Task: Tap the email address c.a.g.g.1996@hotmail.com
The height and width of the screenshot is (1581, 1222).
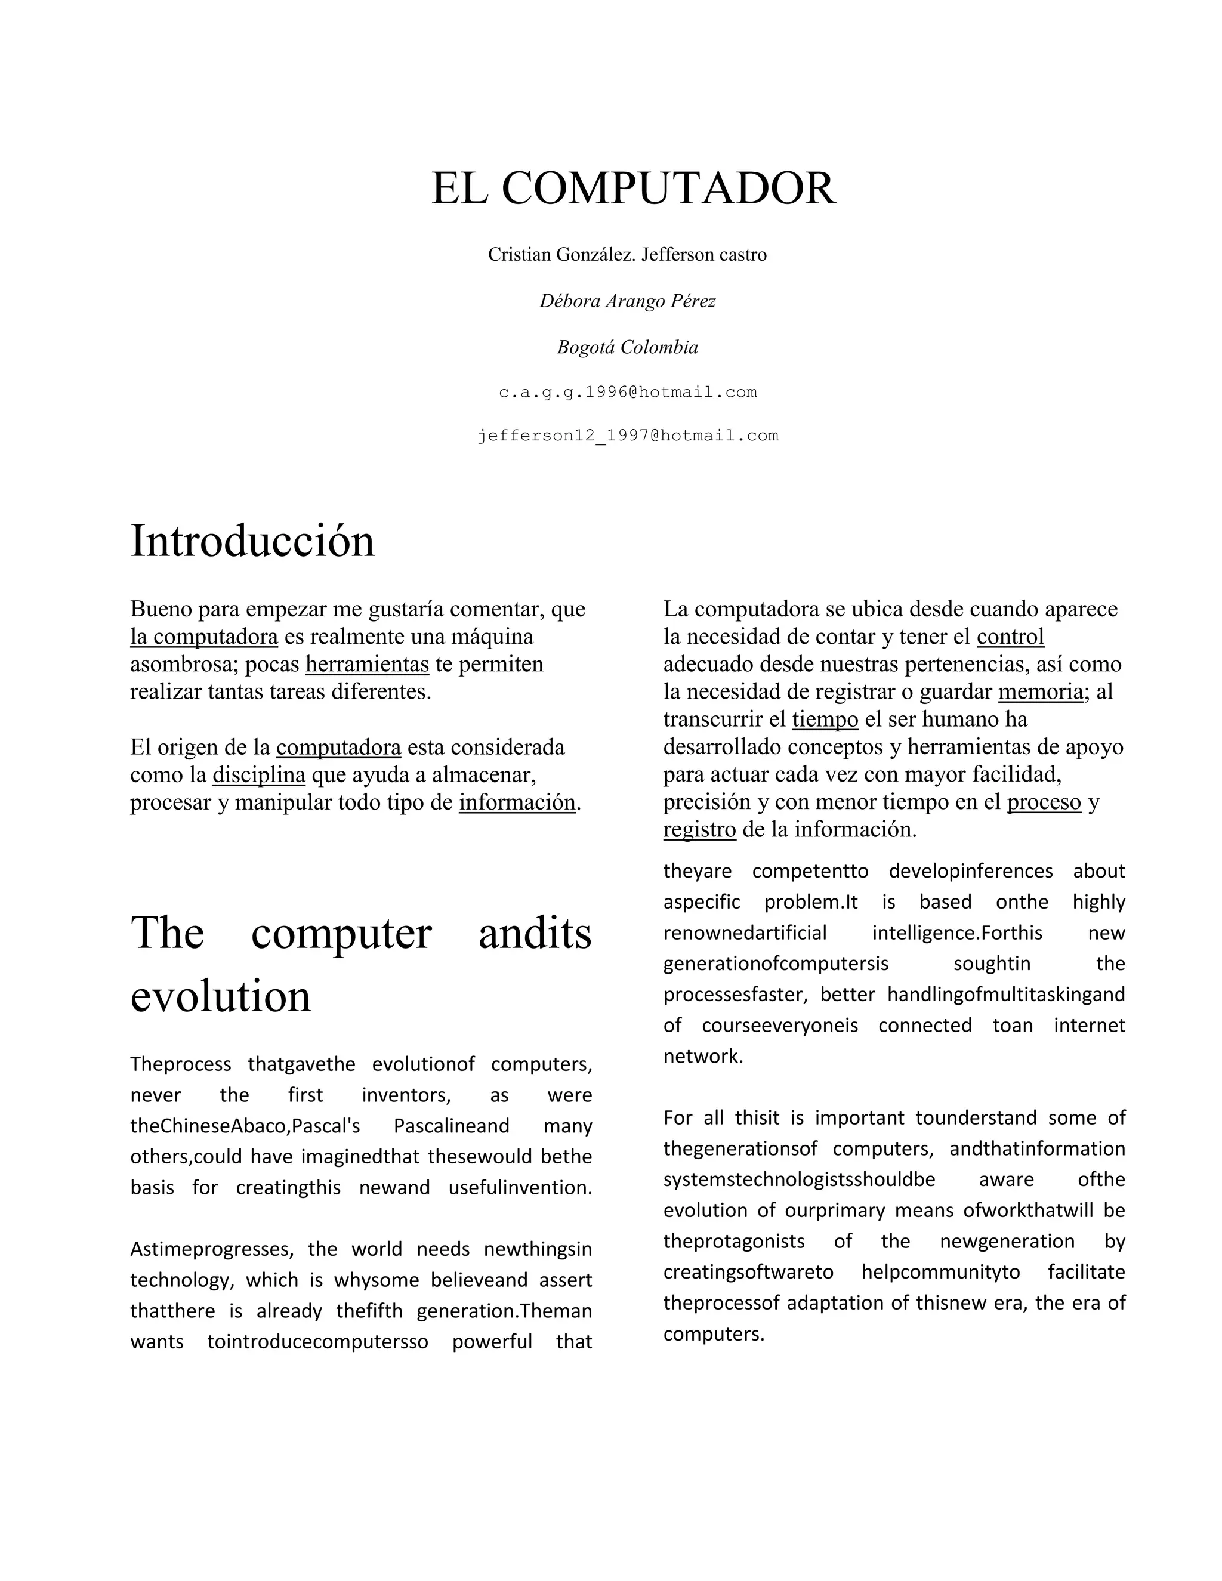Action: point(628,393)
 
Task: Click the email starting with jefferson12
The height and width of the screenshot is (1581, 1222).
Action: point(628,436)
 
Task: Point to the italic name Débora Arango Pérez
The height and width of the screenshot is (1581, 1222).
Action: point(627,301)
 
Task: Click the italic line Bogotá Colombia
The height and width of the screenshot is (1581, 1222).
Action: point(627,347)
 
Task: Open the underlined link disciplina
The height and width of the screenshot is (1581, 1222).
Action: point(258,774)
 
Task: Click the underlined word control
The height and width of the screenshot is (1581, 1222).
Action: point(1010,637)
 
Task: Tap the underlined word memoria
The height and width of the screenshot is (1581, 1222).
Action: point(1040,692)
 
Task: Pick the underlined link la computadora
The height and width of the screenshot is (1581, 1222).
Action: point(204,637)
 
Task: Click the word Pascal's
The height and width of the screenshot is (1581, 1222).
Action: point(326,1126)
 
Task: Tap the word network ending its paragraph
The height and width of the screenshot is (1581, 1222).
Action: point(703,1056)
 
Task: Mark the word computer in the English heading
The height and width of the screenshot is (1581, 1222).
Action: point(341,933)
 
